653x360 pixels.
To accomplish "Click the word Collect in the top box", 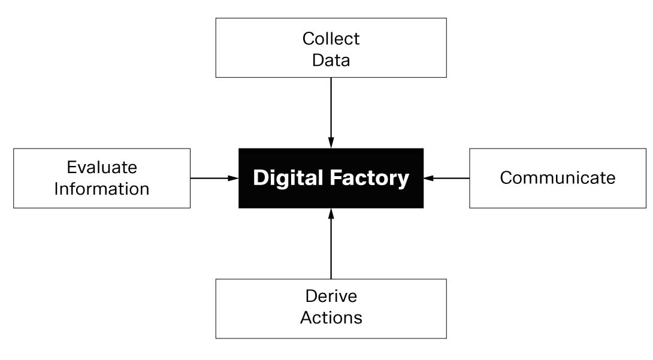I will click(x=331, y=38).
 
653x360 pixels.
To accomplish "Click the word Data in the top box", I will click(x=331, y=60).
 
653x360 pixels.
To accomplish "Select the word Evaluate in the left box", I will click(x=102, y=167).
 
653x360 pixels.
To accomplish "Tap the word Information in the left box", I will click(x=102, y=189).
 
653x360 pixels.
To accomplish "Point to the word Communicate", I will click(x=557, y=178).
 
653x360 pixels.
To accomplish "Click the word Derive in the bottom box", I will click(x=331, y=296).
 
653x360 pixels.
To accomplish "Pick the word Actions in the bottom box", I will click(x=331, y=317).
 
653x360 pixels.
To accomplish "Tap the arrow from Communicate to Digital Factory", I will click(x=448, y=178).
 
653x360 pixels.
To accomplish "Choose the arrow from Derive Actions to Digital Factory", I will click(x=331, y=246).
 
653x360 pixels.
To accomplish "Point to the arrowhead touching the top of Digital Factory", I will click(x=331, y=143).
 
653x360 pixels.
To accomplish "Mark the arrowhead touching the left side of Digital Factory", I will click(x=234, y=178).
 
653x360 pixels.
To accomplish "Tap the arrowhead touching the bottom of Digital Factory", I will click(x=331, y=213).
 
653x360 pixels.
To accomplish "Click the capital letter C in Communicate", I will click(x=506, y=178).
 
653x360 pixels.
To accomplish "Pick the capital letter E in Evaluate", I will click(x=71, y=167).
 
